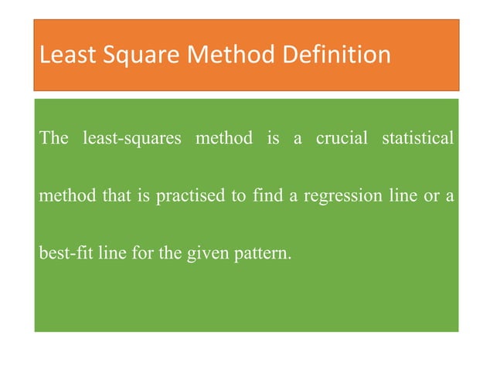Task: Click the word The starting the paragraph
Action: (53, 139)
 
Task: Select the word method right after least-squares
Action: (223, 139)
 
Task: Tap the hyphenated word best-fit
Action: (66, 252)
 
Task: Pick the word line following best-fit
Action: (111, 252)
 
